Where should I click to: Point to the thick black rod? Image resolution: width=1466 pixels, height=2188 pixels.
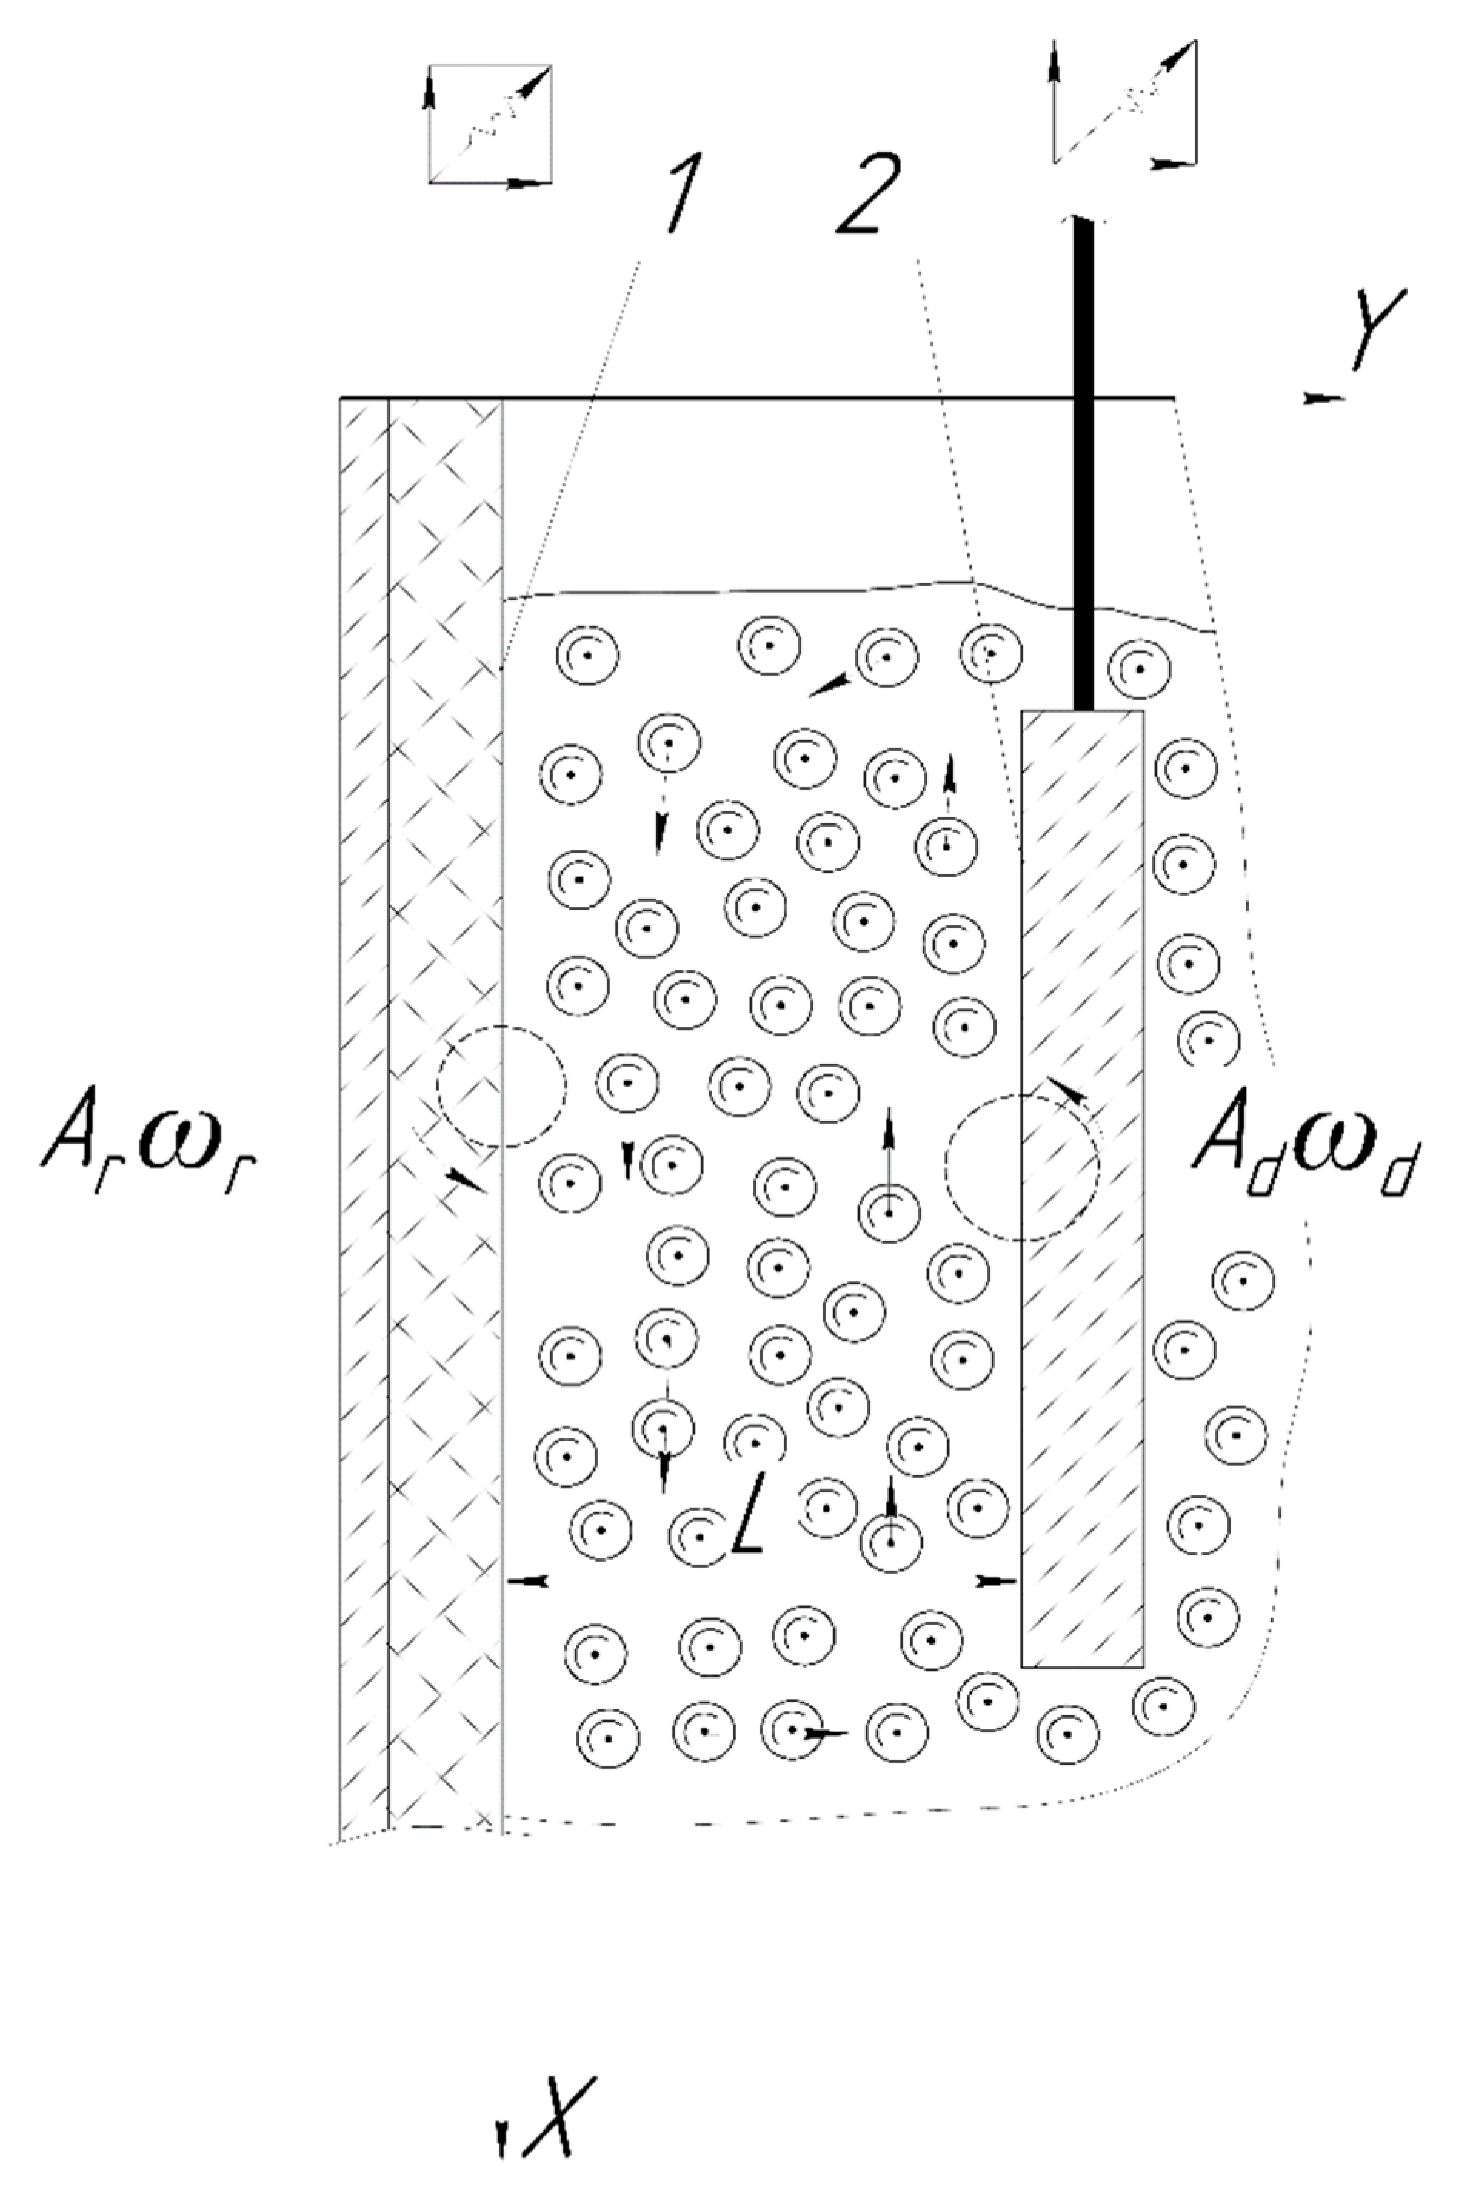tap(1083, 467)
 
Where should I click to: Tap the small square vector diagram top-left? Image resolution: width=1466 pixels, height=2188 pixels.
tap(490, 123)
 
